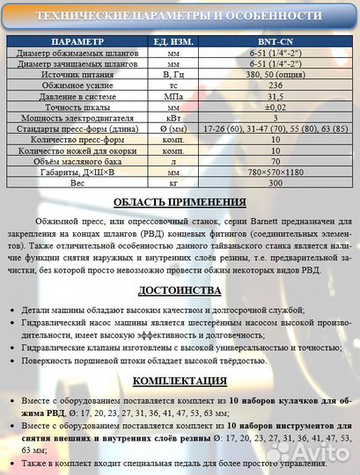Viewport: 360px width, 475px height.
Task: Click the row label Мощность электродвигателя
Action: tap(77, 118)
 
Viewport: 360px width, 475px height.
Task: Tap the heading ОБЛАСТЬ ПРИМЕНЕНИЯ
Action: tap(180, 202)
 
